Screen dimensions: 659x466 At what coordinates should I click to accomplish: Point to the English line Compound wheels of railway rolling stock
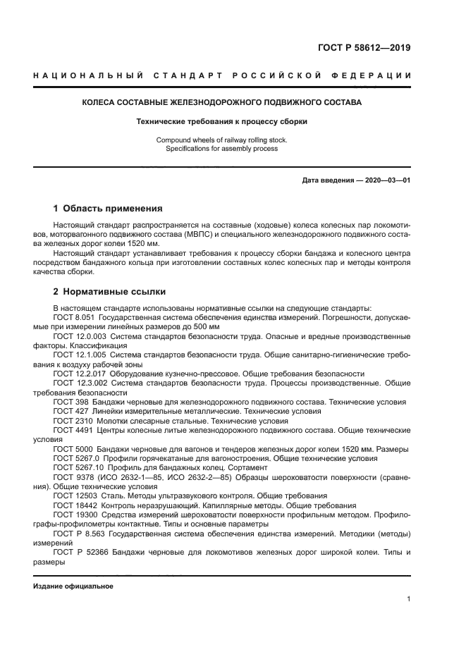point(222,140)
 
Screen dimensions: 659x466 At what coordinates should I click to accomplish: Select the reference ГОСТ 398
point(68,401)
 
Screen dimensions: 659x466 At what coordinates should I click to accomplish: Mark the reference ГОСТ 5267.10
point(77,467)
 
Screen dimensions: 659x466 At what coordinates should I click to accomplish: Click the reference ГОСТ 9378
point(70,476)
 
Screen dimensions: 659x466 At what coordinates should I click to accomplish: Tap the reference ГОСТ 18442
point(73,504)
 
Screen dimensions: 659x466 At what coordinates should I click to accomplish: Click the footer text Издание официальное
point(73,586)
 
